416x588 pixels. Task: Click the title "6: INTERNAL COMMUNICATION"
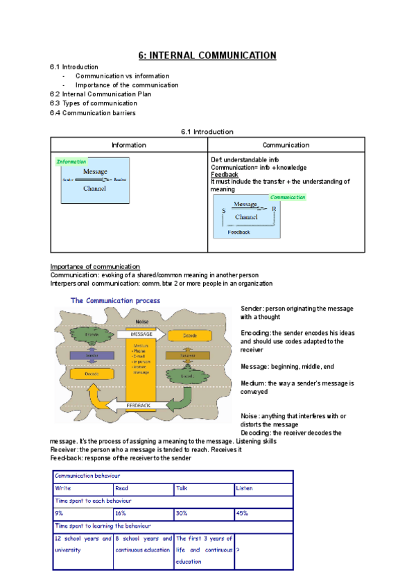click(207, 55)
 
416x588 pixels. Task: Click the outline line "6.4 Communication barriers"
click(93, 112)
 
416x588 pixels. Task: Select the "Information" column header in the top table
click(129, 145)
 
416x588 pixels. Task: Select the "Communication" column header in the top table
click(286, 145)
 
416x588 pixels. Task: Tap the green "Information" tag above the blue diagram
click(71, 162)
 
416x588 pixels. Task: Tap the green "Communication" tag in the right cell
click(288, 197)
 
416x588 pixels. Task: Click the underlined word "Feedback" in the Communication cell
click(224, 175)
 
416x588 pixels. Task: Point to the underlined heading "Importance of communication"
click(95, 267)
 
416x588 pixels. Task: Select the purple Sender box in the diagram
click(91, 354)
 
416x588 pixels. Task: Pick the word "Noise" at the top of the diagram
click(142, 321)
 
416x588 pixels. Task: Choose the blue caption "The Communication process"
click(115, 301)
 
